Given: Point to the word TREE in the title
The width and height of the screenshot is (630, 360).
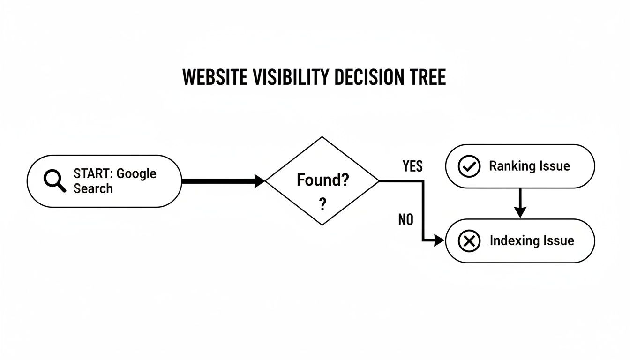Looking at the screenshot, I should (427, 77).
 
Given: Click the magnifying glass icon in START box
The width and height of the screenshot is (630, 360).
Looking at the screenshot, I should (54, 181).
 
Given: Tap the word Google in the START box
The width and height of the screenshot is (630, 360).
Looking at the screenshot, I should (136, 173).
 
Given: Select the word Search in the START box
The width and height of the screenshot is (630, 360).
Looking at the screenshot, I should (93, 188).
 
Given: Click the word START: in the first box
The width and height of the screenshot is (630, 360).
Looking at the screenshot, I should (93, 173).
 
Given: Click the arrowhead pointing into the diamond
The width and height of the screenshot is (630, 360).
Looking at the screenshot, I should (260, 181).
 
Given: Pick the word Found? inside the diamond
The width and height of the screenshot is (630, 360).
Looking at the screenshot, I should (322, 180).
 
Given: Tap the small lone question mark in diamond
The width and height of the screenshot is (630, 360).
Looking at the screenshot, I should (322, 205).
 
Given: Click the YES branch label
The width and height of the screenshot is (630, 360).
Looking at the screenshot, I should (412, 166).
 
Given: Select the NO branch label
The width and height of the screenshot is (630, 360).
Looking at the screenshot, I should (406, 219).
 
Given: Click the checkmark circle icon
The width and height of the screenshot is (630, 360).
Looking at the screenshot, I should (469, 166).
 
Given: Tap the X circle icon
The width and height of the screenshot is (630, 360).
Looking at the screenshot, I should (469, 241).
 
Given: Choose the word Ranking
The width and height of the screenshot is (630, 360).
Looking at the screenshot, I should (511, 166).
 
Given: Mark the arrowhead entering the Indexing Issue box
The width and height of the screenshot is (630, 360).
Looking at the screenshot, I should (439, 241).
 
